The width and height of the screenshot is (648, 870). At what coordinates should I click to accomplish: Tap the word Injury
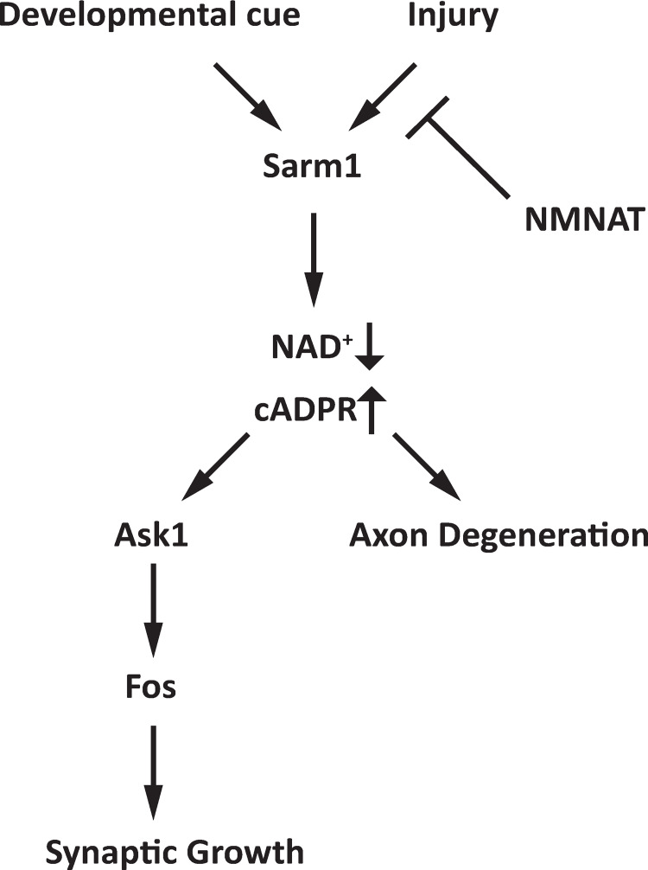pos(454,16)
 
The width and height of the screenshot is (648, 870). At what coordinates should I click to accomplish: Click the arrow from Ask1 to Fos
pos(153,610)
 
